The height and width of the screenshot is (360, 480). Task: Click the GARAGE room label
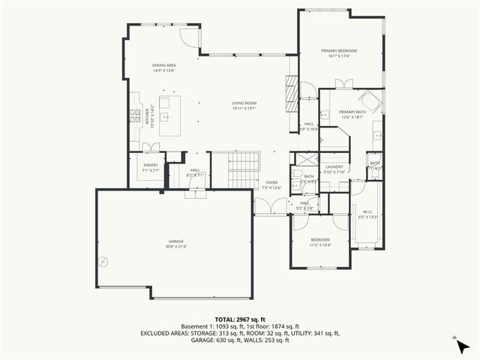pos(175,241)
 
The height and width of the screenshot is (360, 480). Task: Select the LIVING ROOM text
pos(244,103)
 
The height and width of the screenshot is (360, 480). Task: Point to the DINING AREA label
pos(163,66)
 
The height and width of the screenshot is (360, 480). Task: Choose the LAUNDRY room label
pos(334,166)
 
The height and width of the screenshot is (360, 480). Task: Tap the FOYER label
pos(271,182)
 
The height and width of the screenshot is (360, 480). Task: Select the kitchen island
pos(169,115)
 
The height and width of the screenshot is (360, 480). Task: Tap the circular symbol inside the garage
pos(103,262)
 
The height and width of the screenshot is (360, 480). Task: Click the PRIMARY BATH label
pos(352,112)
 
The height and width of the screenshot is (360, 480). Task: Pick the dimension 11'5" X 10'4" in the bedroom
pos(319,245)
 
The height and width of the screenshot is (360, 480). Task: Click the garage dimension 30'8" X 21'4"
pos(175,246)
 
